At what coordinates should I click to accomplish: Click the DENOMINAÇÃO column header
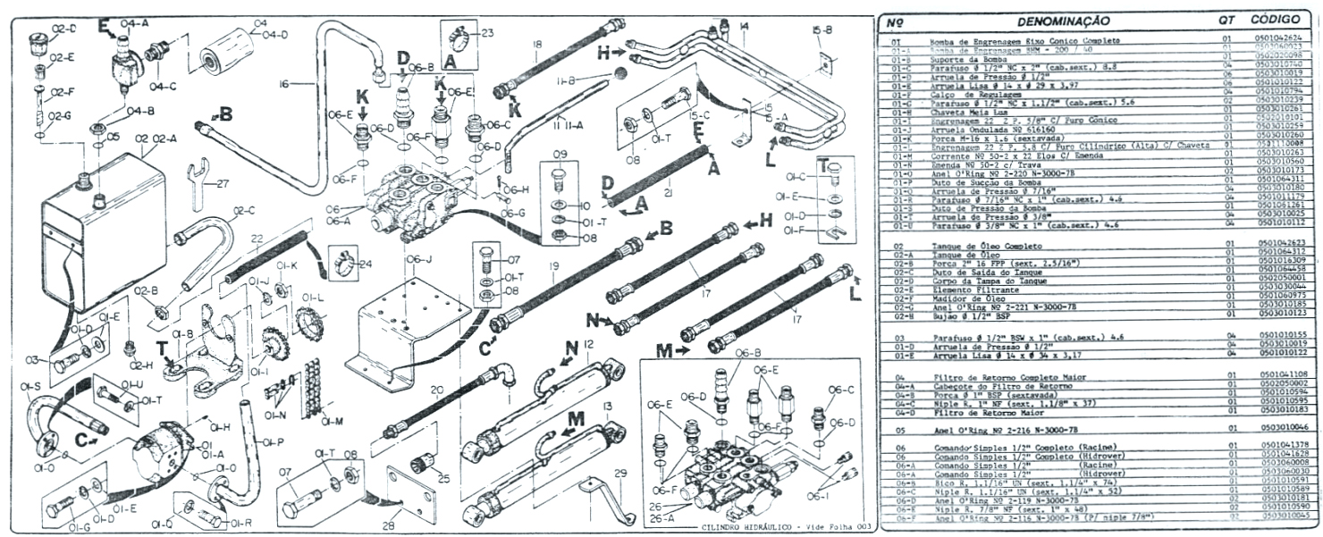click(x=1057, y=20)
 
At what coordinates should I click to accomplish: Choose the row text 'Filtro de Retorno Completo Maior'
click(x=993, y=374)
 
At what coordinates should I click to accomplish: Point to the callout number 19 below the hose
click(x=554, y=265)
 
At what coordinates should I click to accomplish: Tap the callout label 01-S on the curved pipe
click(x=30, y=386)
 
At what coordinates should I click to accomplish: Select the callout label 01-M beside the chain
click(x=333, y=421)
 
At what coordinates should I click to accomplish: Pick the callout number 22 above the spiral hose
click(x=257, y=239)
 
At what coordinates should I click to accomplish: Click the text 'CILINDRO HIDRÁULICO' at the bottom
click(x=740, y=527)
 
